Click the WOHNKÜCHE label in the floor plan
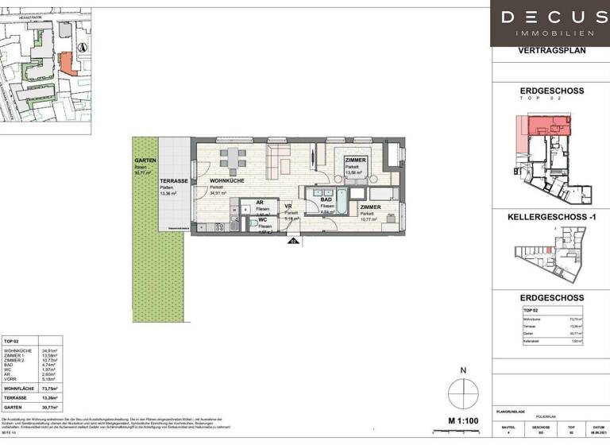(x=225, y=181)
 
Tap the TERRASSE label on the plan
(x=174, y=181)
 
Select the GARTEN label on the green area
(x=145, y=160)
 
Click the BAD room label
(x=326, y=200)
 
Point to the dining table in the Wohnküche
(x=232, y=157)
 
